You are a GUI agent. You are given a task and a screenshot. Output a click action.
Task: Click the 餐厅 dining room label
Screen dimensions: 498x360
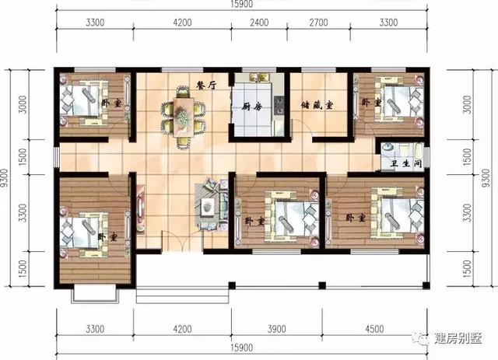[x=206, y=85]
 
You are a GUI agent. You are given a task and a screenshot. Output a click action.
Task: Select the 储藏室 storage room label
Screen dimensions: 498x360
[x=317, y=105]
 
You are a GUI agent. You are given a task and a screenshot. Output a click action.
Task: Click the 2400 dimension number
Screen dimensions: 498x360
[x=259, y=23]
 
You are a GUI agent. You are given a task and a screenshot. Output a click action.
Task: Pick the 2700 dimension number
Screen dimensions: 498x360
[x=318, y=23]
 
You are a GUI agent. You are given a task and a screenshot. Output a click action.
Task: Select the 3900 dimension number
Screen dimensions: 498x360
[x=277, y=329]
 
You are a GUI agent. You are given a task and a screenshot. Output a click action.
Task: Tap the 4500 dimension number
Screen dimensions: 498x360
[x=374, y=329]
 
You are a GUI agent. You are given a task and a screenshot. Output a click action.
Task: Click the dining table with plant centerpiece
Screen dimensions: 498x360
[x=184, y=117]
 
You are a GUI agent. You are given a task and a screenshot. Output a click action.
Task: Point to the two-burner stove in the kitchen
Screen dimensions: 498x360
[x=279, y=105]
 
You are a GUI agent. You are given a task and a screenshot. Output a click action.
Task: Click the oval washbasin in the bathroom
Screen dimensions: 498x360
[x=387, y=148]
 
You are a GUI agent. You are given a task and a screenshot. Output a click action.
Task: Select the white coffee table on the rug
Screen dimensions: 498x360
[x=207, y=207]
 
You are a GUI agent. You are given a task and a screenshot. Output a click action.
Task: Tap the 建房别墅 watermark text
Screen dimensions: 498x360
[x=458, y=338]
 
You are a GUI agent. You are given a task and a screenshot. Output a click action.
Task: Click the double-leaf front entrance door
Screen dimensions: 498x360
[x=182, y=241]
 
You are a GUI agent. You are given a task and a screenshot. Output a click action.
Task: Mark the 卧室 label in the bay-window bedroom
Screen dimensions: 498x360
[x=107, y=237]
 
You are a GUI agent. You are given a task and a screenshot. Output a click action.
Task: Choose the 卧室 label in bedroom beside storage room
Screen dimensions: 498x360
[x=371, y=103]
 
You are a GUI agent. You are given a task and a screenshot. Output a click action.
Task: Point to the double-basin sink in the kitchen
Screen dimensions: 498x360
[x=259, y=78]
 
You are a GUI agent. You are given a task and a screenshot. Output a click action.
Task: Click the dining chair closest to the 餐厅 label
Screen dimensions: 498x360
[x=183, y=92]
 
